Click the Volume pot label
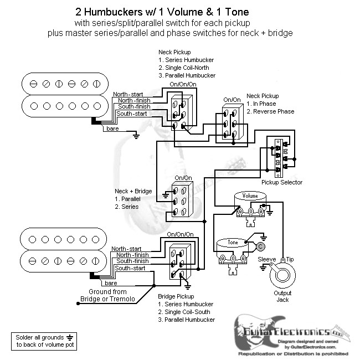(250, 196)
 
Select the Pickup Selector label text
(282, 182)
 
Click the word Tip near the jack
(290, 259)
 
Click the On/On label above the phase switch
(232, 100)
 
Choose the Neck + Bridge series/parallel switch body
(183, 200)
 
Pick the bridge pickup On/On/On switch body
(180, 260)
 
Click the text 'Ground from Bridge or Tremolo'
(107, 295)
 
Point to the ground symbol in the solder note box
(69, 337)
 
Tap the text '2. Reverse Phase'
(270, 111)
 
